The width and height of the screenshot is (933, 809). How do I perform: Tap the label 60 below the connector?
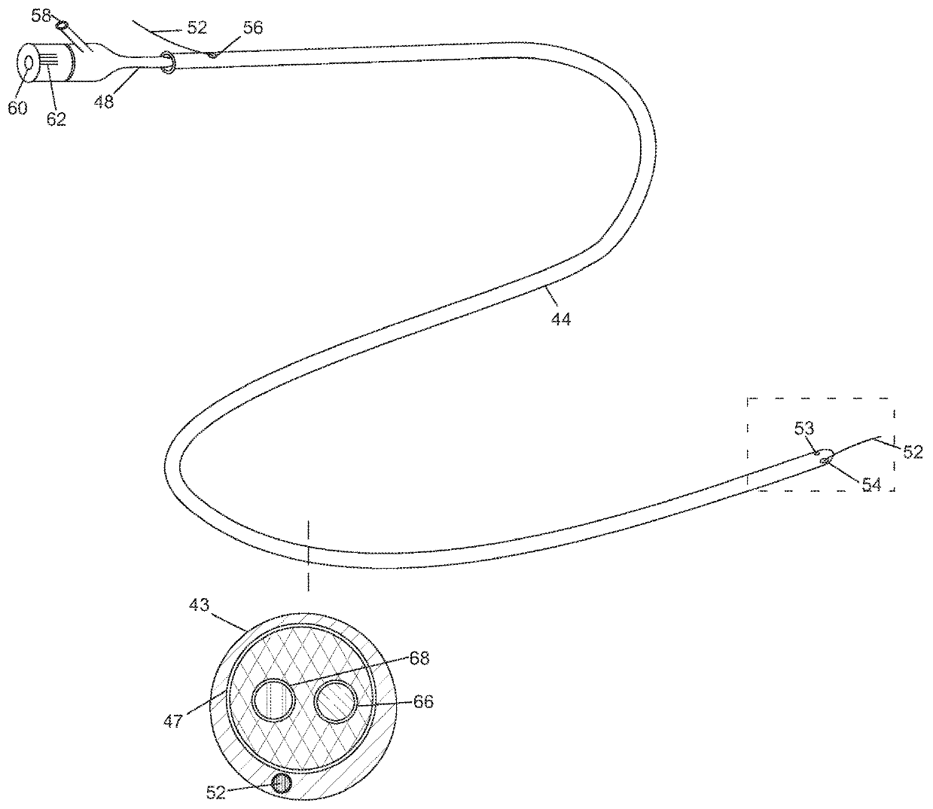point(17,108)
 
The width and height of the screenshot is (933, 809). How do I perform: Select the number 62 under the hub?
point(56,118)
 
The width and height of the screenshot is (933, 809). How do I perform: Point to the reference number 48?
point(104,101)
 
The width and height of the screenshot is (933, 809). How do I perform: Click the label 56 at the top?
point(253,28)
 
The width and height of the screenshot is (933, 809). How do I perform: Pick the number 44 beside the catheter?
point(561,319)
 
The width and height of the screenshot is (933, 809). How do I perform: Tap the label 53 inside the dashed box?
point(804,429)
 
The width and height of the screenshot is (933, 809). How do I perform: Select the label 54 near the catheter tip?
point(871,485)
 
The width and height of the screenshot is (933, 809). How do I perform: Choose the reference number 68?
point(419,658)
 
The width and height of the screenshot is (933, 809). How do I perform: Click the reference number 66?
point(423,701)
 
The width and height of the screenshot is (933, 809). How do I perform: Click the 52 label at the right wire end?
point(913,453)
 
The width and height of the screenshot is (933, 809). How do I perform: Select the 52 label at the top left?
point(197,28)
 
